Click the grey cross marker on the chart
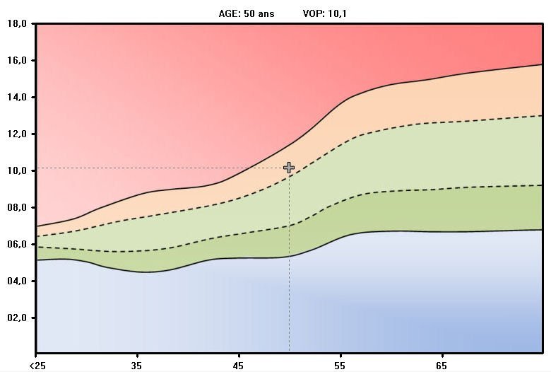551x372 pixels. click(289, 168)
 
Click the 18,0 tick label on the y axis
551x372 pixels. click(17, 23)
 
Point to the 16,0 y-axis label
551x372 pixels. click(17, 60)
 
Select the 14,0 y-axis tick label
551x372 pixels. click(17, 97)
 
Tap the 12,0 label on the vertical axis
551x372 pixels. click(17, 134)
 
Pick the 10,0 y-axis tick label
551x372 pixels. click(17, 170)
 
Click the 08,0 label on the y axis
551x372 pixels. click(17, 207)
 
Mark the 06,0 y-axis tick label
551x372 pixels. click(17, 244)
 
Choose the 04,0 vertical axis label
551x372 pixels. click(17, 281)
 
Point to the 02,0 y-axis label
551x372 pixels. click(17, 318)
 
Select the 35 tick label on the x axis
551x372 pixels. click(137, 366)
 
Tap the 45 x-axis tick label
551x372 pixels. click(239, 366)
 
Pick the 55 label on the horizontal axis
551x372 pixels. click(340, 366)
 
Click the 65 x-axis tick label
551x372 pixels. click(442, 366)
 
